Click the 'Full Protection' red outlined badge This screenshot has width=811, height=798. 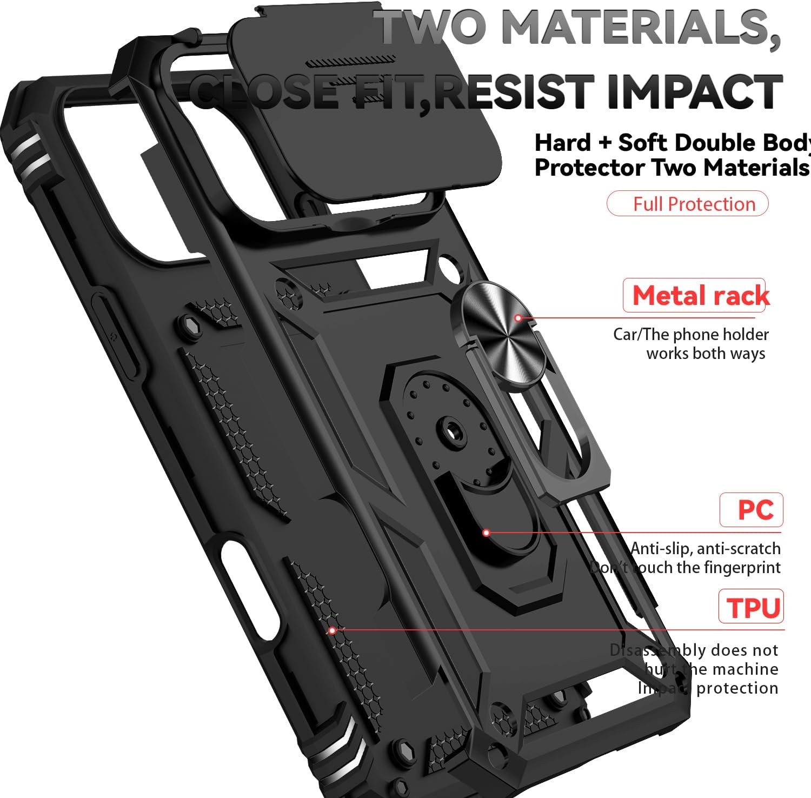[x=687, y=204]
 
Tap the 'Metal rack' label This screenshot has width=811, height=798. [x=700, y=296]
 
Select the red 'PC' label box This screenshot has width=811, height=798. [x=751, y=510]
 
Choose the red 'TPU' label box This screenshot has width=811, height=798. [x=751, y=607]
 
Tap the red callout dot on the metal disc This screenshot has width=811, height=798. [x=517, y=318]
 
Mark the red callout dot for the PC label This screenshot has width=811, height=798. [x=486, y=533]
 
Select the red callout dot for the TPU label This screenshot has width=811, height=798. [x=333, y=630]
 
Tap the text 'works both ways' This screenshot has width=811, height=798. [x=706, y=354]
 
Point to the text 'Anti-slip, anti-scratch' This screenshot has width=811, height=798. [x=706, y=549]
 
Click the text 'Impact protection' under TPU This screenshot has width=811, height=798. [x=708, y=688]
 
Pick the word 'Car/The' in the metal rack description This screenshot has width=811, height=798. [x=633, y=335]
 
